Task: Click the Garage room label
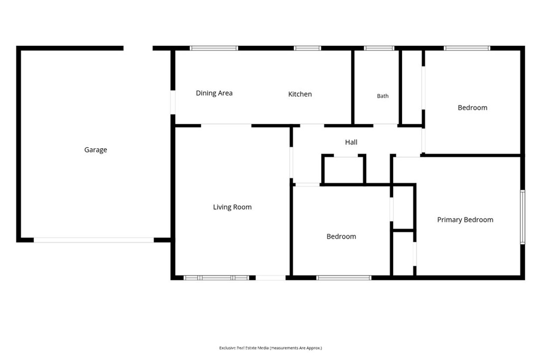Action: click(96, 150)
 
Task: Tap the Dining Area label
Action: click(214, 93)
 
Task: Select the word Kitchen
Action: click(300, 94)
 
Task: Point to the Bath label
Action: click(383, 96)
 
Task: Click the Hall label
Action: click(351, 142)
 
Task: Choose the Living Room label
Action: click(232, 207)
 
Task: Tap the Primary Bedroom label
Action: click(465, 220)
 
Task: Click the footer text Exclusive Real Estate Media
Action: click(244, 348)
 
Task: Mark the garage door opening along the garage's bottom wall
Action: click(94, 240)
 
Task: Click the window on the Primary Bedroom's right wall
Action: click(523, 217)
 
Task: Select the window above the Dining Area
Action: click(214, 48)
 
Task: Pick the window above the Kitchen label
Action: click(307, 48)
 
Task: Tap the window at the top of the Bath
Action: click(379, 48)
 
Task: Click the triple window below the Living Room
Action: click(216, 278)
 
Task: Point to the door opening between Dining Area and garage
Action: click(173, 102)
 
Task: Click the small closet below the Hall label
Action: click(343, 170)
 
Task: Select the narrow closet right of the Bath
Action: click(412, 87)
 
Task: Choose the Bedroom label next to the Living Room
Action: click(341, 236)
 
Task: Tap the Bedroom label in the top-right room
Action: click(472, 108)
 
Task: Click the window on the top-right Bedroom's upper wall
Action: click(467, 48)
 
